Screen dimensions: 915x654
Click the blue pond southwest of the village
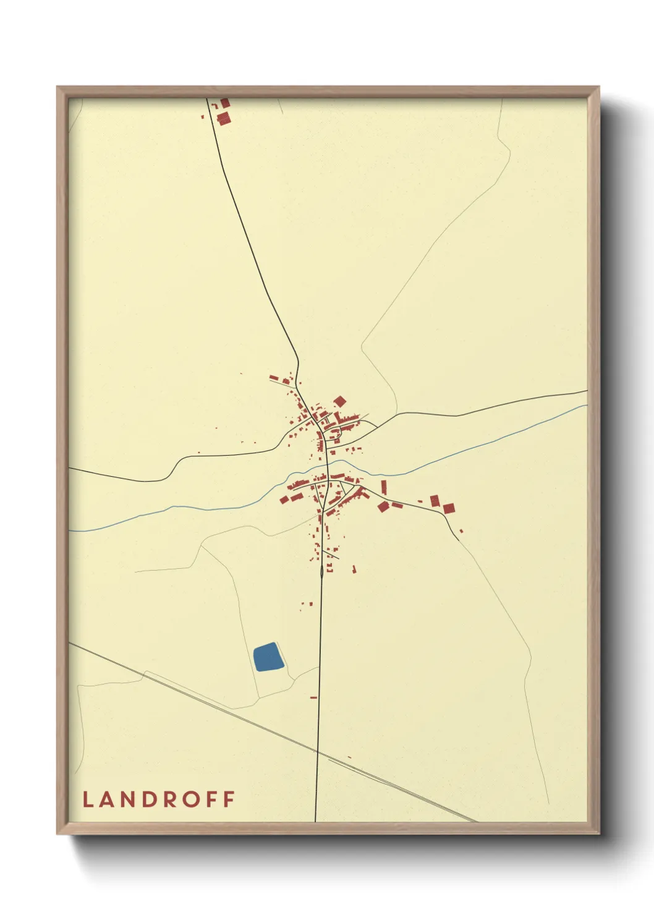tap(268, 657)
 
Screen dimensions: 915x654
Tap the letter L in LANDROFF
tap(87, 799)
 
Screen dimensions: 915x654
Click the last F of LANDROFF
tap(229, 799)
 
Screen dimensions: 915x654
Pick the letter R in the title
tap(170, 799)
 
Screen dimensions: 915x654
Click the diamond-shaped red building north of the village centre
tap(339, 402)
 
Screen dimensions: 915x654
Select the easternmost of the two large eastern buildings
tap(449, 508)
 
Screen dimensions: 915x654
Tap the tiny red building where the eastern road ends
tap(461, 530)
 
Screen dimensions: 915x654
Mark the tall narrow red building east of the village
tap(383, 487)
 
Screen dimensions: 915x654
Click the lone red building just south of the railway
tap(349, 757)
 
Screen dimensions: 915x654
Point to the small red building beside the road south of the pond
tap(313, 697)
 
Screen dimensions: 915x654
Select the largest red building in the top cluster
tap(223, 117)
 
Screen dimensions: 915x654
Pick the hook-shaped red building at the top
tap(224, 102)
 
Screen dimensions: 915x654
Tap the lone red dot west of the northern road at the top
tap(202, 116)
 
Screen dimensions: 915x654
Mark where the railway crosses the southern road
tap(317, 751)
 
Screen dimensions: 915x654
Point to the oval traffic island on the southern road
tap(321, 574)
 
